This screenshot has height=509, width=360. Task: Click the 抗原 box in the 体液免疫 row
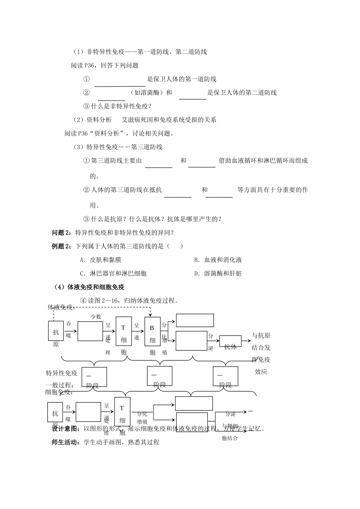pos(56,330)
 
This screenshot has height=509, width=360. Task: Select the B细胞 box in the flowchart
pos(152,331)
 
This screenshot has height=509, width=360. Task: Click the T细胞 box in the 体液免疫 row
pos(124,331)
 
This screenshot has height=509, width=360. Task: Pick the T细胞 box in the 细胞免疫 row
pos(122,412)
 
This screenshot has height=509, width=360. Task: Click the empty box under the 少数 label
pos(90,331)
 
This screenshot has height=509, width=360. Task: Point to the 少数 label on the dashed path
pos(95,317)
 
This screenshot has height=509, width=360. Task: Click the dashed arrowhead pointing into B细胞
pos(150,315)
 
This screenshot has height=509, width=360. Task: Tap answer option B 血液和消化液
pos(218,260)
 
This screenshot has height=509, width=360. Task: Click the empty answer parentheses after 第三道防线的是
pos(175,246)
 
